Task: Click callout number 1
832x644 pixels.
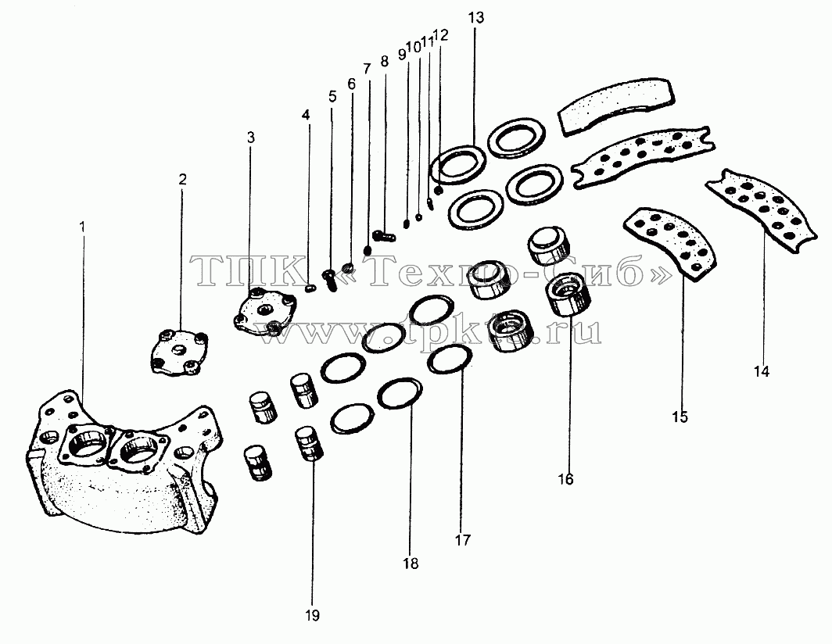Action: [82, 227]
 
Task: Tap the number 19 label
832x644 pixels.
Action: [313, 616]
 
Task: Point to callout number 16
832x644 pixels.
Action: [565, 480]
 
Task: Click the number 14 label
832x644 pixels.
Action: [762, 372]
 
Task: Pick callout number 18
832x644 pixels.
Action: [411, 563]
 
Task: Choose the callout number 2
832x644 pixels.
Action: [182, 179]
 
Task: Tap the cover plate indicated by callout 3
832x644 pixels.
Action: [264, 311]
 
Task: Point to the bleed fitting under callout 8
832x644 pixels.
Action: [384, 234]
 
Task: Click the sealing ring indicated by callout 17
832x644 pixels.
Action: [450, 359]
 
